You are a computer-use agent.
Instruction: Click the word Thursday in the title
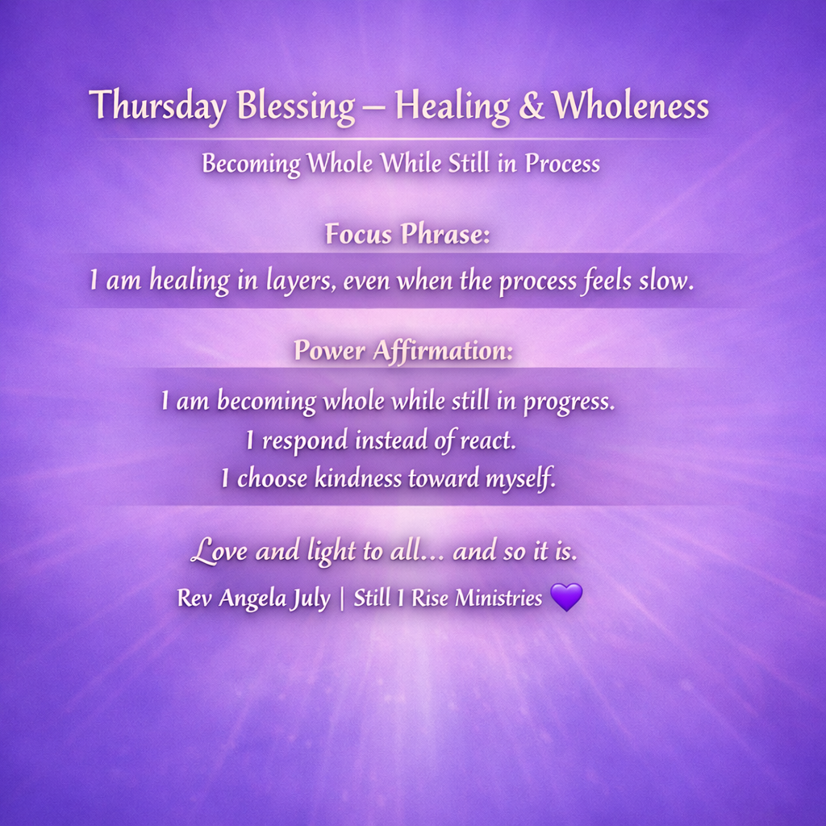pyautogui.click(x=157, y=106)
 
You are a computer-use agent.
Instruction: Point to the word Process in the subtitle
pyautogui.click(x=562, y=163)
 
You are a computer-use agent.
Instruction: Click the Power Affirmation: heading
pyautogui.click(x=403, y=350)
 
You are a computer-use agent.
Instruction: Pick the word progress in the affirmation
pyautogui.click(x=569, y=402)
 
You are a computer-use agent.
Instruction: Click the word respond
pyautogui.click(x=305, y=441)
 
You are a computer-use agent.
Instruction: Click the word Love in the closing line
pyautogui.click(x=219, y=551)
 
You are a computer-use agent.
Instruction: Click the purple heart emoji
pyautogui.click(x=566, y=597)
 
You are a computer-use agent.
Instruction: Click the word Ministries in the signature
pyautogui.click(x=499, y=598)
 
